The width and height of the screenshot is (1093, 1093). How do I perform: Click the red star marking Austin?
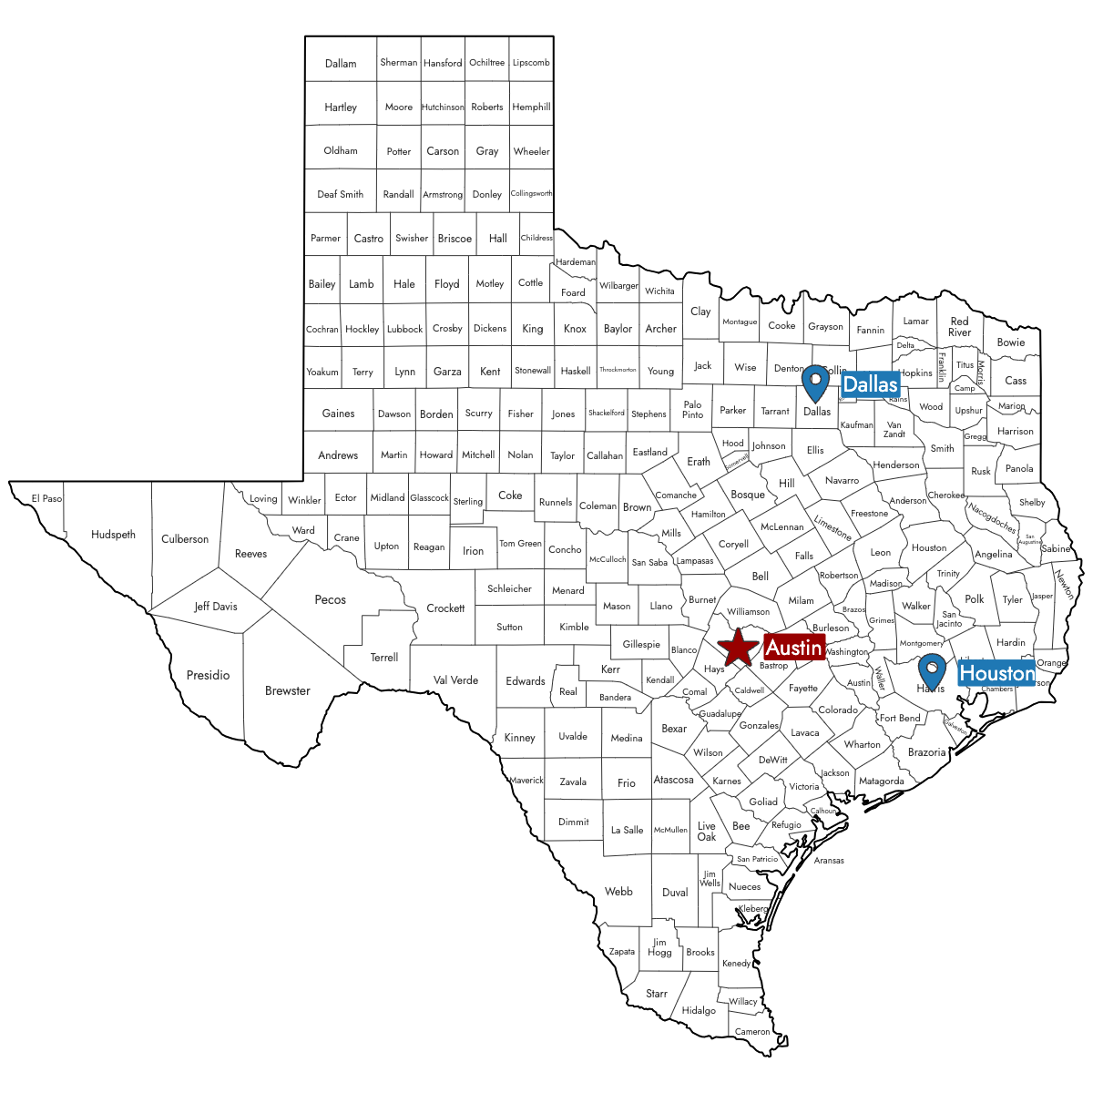click(738, 647)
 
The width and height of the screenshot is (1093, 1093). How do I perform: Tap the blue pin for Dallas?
click(815, 383)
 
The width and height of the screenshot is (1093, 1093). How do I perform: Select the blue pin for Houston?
click(932, 670)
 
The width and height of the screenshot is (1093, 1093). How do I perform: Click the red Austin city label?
click(794, 648)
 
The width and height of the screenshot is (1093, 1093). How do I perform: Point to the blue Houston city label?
click(997, 674)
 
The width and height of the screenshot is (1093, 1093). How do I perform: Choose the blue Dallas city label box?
click(870, 384)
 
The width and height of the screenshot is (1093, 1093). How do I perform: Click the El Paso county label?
click(46, 498)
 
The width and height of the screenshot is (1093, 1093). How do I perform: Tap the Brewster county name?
click(288, 690)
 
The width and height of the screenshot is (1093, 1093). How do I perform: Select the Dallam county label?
click(341, 64)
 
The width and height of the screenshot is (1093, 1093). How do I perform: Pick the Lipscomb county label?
click(531, 63)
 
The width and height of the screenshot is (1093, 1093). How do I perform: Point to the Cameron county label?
click(752, 1031)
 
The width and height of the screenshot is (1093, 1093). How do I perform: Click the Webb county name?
click(618, 892)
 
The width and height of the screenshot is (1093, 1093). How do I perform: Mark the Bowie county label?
click(1011, 342)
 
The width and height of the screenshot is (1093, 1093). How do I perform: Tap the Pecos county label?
click(331, 599)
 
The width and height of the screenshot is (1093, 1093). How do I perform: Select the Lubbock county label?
click(404, 329)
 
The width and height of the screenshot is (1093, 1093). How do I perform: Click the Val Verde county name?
click(455, 679)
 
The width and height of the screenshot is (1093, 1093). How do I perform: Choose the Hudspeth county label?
click(113, 535)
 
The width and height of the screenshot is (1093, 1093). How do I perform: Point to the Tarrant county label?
click(775, 411)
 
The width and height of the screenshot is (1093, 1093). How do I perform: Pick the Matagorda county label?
click(882, 781)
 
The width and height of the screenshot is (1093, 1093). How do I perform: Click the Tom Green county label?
click(520, 544)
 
